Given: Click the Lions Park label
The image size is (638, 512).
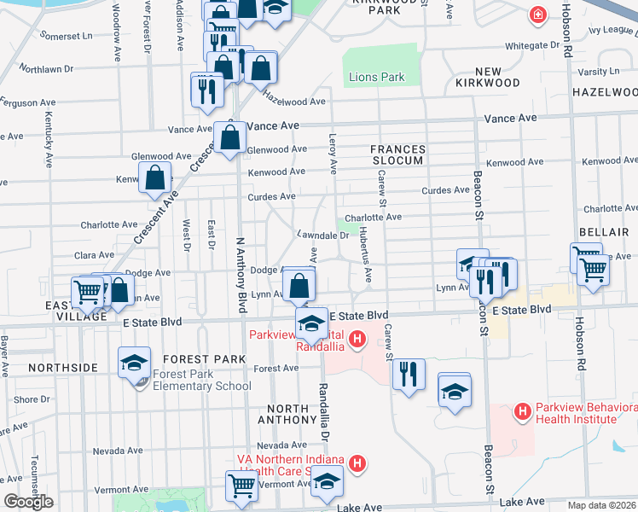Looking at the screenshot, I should [x=376, y=78].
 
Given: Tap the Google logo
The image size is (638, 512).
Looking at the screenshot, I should [x=28, y=502].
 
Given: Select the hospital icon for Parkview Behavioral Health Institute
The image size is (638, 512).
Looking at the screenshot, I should [x=522, y=412].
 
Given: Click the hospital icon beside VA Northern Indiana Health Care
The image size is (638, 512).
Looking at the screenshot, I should [x=358, y=464].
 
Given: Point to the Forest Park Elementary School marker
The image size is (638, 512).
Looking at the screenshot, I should [x=135, y=365].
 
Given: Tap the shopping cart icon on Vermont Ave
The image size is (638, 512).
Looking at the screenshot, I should [x=241, y=486].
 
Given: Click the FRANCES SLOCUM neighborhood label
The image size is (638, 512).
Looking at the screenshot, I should [x=397, y=155].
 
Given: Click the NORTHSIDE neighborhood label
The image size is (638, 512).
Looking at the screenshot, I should [x=63, y=367].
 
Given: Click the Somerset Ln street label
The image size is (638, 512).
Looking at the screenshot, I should [x=65, y=37].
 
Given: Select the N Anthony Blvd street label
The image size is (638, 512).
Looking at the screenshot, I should [x=241, y=273].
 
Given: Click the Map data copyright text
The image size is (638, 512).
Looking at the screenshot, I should [x=602, y=504].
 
